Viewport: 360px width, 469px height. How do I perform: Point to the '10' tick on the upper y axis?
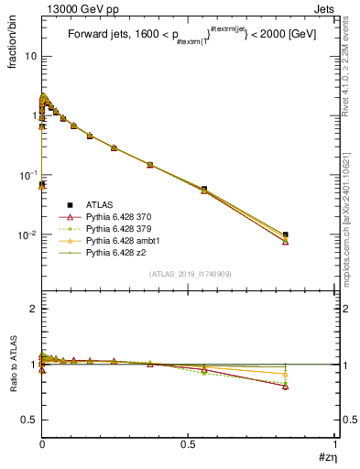coord(30,56)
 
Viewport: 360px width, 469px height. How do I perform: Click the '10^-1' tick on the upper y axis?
coord(28,175)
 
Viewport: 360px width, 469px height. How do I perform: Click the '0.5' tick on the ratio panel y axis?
coord(28,420)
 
